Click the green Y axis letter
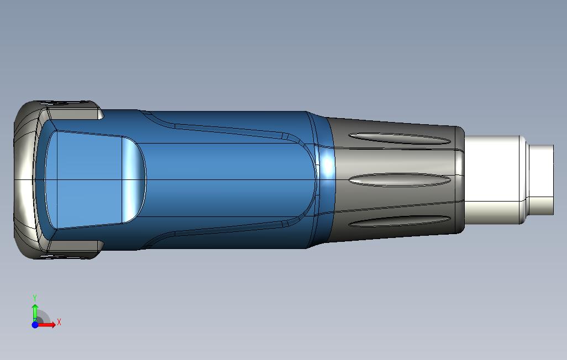(35, 298)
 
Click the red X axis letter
(59, 322)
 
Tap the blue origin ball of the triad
(35, 325)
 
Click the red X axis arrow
(49, 325)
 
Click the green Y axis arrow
(35, 310)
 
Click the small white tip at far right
(542, 180)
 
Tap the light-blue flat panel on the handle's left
(83, 180)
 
